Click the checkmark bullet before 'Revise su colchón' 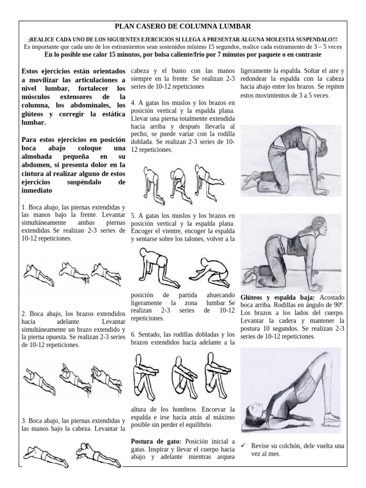244,446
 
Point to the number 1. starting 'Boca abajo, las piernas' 24,208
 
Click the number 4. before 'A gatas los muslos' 133,102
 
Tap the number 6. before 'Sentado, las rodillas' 133,334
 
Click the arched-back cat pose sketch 291,157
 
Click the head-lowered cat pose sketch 291,252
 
